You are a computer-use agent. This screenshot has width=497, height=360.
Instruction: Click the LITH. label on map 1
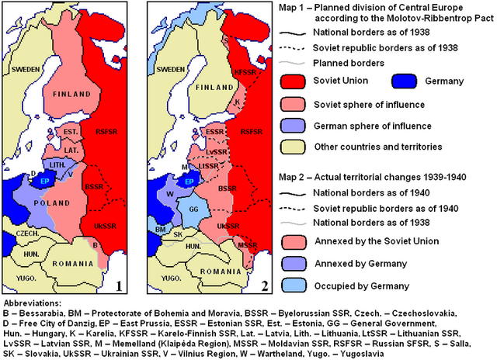pyautogui.click(x=64, y=165)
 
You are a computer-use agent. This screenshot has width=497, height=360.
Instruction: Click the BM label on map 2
pyautogui.click(x=161, y=230)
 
